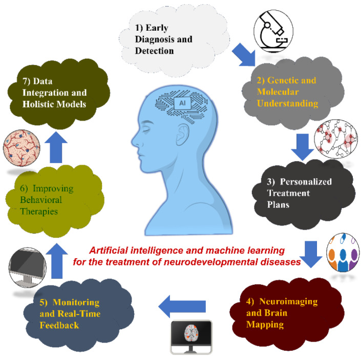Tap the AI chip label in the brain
[x=182, y=102]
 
